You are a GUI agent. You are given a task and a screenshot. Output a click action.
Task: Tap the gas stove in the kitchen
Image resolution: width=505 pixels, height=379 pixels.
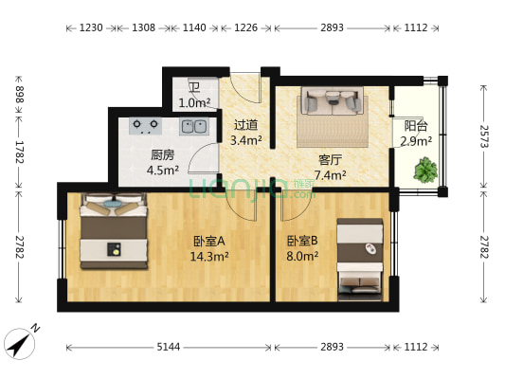pyautogui.click(x=145, y=124)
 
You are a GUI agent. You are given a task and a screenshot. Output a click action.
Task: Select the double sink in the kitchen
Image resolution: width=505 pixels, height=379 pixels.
pyautogui.click(x=194, y=125)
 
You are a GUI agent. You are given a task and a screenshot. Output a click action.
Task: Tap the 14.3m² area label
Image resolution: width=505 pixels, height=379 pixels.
pyautogui.click(x=208, y=256)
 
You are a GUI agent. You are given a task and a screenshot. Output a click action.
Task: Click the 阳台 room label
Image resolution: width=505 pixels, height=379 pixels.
pyautogui.click(x=415, y=125)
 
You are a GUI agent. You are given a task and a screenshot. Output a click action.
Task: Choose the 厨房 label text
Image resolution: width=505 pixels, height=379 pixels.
pyautogui.click(x=162, y=155)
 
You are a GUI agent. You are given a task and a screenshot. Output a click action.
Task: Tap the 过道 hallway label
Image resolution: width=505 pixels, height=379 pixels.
pyautogui.click(x=245, y=124)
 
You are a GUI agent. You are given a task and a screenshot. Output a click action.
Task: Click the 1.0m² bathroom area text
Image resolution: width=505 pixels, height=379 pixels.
pyautogui.click(x=194, y=102)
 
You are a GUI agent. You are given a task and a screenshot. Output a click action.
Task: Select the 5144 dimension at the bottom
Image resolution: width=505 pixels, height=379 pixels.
pyautogui.click(x=168, y=347)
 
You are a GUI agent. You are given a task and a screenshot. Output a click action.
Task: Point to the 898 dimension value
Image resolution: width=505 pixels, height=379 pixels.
pyautogui.click(x=20, y=94)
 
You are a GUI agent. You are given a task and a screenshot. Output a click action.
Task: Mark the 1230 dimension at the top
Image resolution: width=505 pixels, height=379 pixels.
pyautogui.click(x=90, y=28)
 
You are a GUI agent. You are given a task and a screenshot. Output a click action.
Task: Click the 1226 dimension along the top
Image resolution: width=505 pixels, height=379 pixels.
pyautogui.click(x=245, y=28)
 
